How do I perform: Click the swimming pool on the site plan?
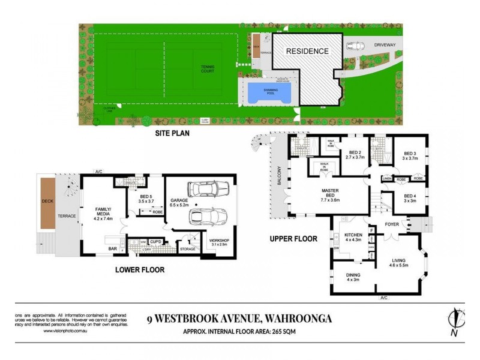[x=269, y=93]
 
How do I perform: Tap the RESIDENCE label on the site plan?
[x=307, y=51]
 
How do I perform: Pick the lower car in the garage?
[x=206, y=217]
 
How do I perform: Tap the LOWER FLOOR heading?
[x=139, y=270]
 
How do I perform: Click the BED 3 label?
[x=410, y=155]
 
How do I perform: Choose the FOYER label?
[x=392, y=224]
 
